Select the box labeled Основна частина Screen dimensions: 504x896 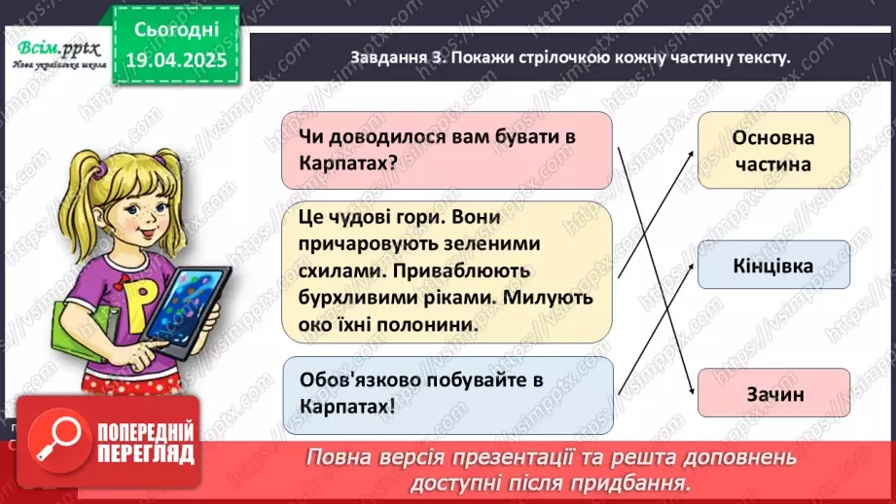772,151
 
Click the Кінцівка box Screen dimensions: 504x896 772,265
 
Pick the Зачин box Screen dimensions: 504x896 772,394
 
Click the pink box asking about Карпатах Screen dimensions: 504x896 448,149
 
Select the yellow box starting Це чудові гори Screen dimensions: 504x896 448,271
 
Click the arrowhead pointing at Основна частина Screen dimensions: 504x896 688,156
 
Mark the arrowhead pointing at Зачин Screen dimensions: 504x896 689,386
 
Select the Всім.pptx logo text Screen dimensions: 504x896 54,48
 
